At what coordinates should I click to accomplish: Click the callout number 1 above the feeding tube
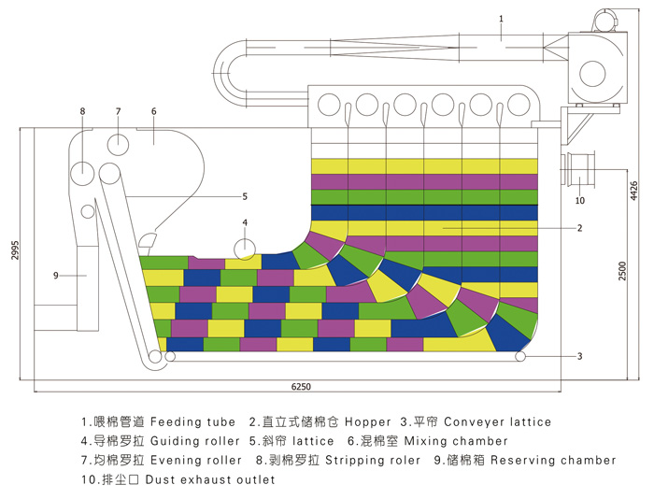tap(501, 19)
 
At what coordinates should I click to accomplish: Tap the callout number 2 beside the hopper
tap(579, 228)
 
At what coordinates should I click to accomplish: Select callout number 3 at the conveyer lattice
tap(579, 356)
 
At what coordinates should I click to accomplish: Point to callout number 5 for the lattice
tap(245, 196)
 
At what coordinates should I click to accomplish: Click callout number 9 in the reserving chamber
tap(56, 276)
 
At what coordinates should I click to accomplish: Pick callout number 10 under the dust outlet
tap(580, 201)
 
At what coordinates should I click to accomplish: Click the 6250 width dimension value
tap(301, 387)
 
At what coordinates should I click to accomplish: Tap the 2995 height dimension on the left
tap(16, 249)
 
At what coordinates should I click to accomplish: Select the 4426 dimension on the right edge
tap(633, 191)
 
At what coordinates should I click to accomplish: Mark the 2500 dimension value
tap(622, 270)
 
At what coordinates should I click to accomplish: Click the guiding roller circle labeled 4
tap(245, 249)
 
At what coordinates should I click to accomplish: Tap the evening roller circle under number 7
tap(118, 144)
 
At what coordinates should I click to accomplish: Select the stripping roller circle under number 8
tap(82, 174)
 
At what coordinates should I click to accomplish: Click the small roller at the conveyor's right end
tap(520, 357)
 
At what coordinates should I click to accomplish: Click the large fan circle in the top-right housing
tap(592, 74)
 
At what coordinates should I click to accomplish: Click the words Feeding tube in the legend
tap(192, 421)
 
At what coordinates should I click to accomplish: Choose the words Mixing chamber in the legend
tap(456, 441)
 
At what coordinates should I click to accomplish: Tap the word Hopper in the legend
tap(368, 422)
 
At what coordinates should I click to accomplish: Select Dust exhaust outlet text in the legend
tap(210, 479)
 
